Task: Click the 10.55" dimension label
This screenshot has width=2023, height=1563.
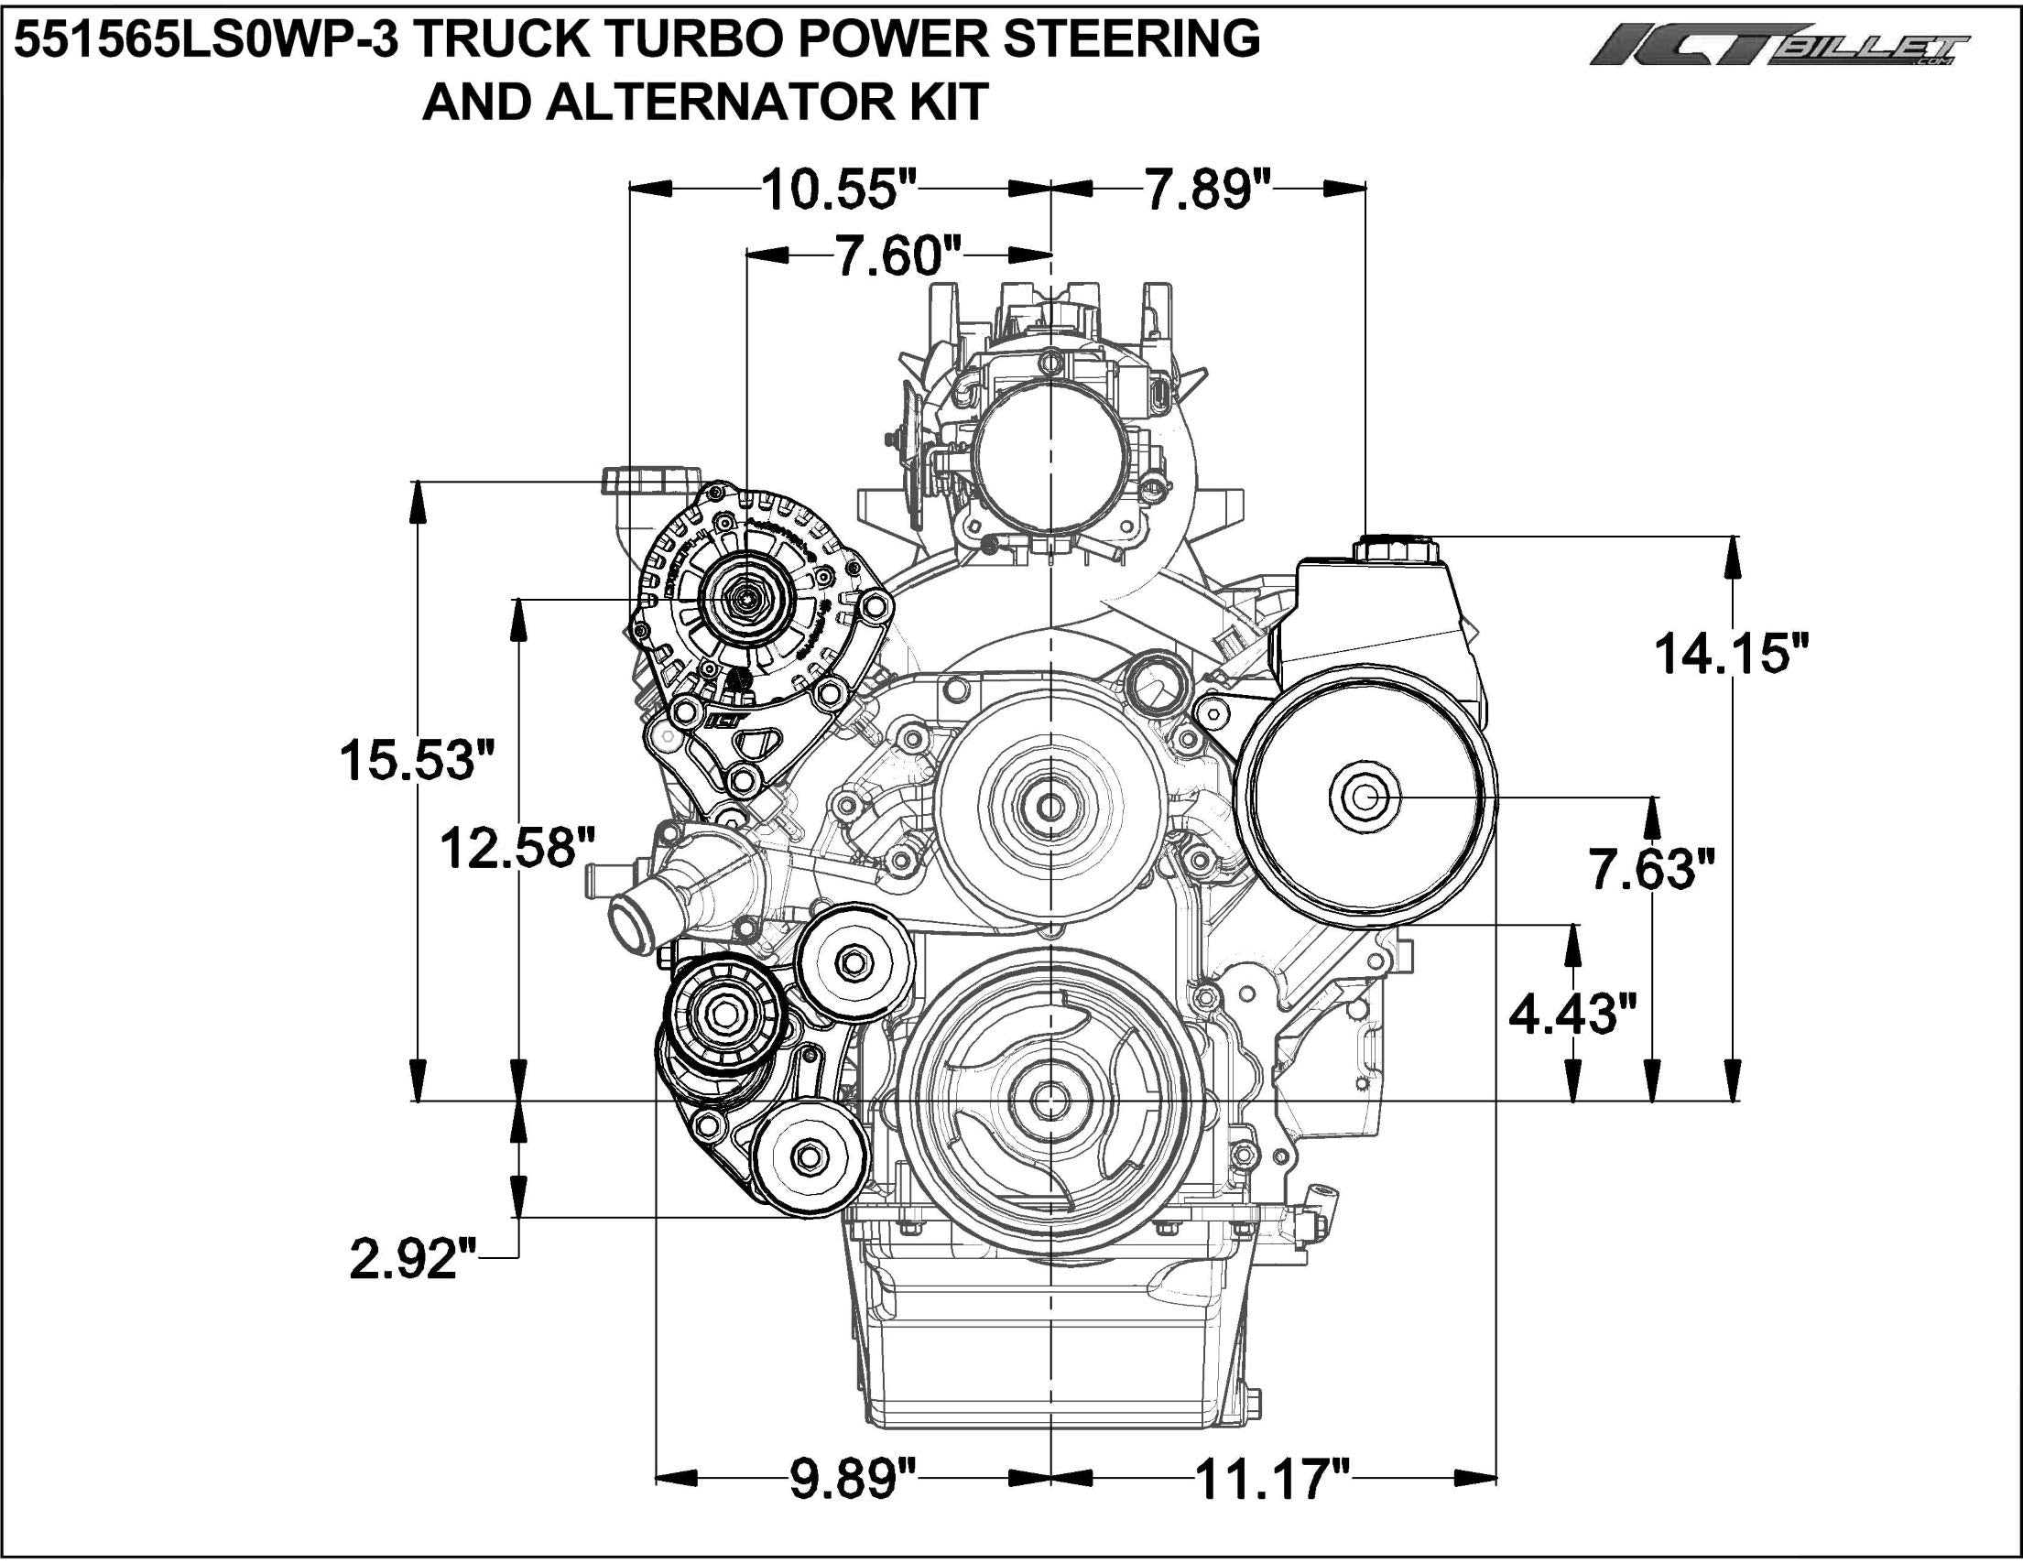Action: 839,189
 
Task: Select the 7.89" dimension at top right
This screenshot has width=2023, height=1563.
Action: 1208,189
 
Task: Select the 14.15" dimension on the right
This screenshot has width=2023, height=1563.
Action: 1731,653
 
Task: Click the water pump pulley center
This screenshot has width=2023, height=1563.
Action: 1050,808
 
